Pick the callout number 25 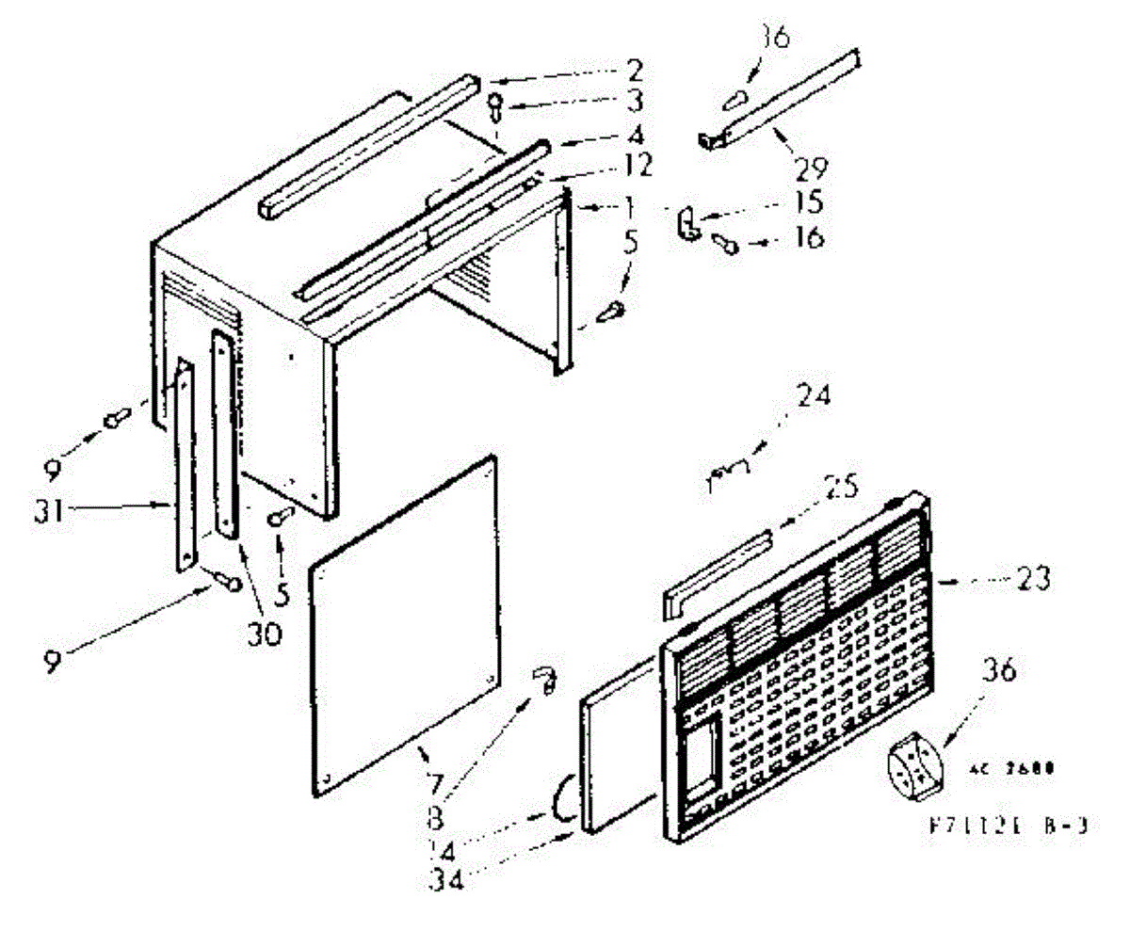tap(842, 487)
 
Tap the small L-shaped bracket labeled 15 tap(688, 226)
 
